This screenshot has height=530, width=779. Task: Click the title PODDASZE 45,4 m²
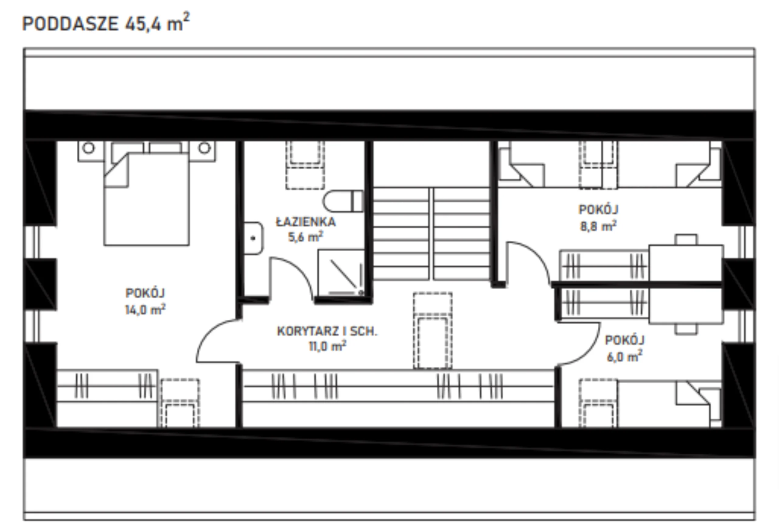106,23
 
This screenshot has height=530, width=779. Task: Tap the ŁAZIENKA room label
306,222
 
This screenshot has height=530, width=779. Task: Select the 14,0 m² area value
145,309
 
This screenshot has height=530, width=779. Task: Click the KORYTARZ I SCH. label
327,331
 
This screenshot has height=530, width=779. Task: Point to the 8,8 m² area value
598,226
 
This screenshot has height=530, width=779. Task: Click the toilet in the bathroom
343,201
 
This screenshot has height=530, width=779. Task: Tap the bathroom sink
253,238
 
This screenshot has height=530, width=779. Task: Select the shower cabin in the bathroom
341,273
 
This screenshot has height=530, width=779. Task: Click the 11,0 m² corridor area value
327,346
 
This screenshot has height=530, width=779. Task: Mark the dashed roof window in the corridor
432,330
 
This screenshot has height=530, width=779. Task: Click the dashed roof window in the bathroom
305,165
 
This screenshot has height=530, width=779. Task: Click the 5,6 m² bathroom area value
306,237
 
